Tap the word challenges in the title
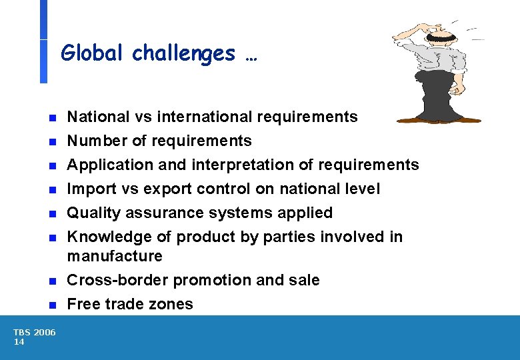pyautogui.click(x=183, y=53)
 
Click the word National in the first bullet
pyautogui.click(x=93, y=117)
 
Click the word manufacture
pyautogui.click(x=115, y=257)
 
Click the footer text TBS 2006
pyautogui.click(x=35, y=333)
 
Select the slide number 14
pyautogui.click(x=19, y=342)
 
